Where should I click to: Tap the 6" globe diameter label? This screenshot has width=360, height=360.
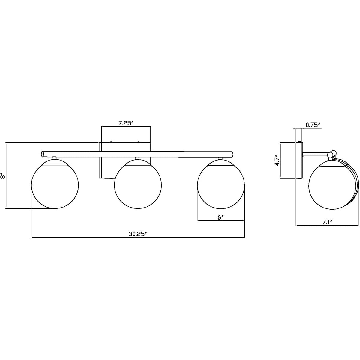coord(220,217)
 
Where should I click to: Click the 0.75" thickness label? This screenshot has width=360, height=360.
coord(313,125)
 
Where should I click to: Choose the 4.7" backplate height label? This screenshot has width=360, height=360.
coord(277,160)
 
